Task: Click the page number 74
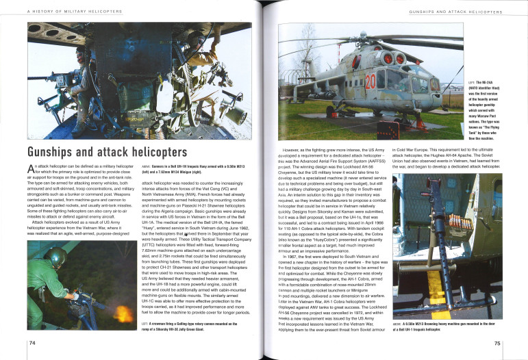pos(32,342)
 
